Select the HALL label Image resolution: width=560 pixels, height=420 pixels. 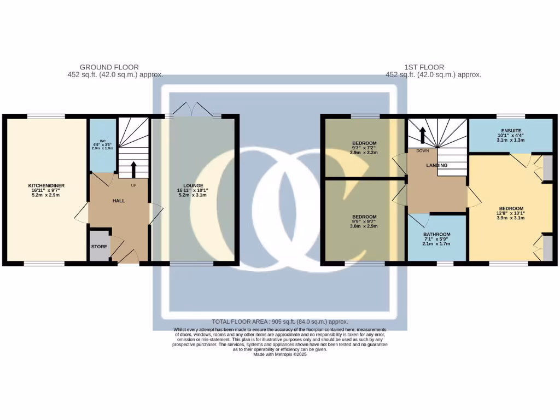119,201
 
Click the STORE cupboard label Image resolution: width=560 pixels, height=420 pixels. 99,247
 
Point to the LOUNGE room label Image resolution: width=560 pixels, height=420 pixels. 195,185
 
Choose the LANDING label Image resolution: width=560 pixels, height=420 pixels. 436,165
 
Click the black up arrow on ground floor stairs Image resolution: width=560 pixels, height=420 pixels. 133,170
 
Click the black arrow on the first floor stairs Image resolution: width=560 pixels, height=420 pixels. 422,135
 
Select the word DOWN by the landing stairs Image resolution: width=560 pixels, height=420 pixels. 422,150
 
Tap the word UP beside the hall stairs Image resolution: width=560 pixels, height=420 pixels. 133,185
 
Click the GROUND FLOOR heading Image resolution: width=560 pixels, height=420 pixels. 106,67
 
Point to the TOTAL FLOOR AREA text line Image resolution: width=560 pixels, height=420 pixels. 279,322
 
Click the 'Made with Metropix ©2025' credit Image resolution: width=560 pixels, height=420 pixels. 280,354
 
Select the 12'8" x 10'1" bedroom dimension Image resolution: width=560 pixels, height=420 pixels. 510,213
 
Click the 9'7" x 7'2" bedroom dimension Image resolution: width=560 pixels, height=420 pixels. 364,149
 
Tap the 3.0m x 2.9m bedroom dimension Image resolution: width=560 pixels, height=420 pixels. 364,226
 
